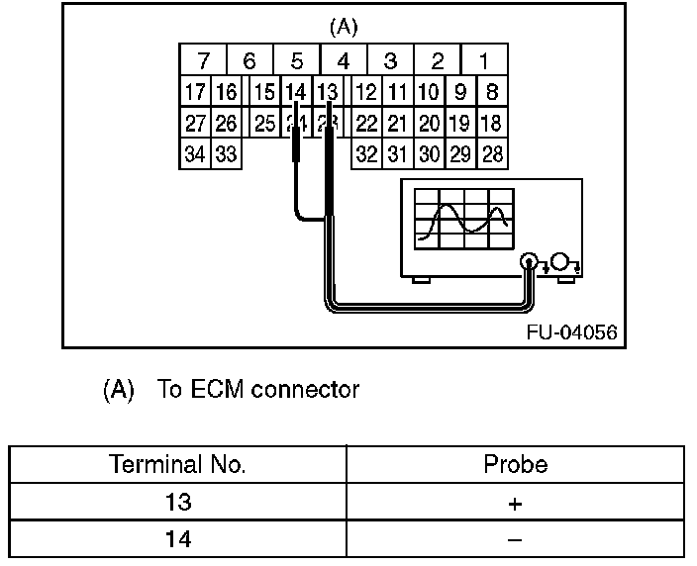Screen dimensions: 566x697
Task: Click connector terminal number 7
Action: (203, 60)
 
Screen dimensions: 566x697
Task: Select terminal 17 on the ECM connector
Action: (195, 93)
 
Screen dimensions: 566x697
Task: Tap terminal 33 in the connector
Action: (226, 154)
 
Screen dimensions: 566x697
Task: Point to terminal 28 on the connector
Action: (491, 154)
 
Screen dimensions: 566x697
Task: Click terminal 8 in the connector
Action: (491, 93)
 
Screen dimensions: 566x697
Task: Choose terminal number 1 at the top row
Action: (484, 60)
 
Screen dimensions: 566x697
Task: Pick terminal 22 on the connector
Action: (367, 124)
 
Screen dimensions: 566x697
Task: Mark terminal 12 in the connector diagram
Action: (367, 93)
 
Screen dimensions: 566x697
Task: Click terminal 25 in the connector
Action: (263, 124)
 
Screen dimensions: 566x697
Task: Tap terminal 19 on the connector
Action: (459, 124)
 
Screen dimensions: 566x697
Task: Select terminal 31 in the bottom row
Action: (398, 154)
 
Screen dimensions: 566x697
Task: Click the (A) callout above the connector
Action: (343, 26)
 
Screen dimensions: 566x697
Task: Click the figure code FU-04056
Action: (571, 332)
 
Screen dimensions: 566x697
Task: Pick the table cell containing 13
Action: (178, 503)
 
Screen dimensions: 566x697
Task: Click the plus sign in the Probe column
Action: (515, 504)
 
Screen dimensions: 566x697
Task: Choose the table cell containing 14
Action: (178, 539)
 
